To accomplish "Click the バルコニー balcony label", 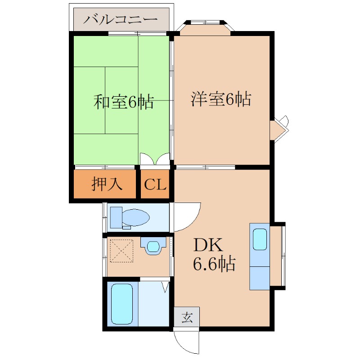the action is (x=120, y=19).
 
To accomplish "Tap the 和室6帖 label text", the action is (x=123, y=102).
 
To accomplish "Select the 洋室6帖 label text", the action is (x=221, y=99).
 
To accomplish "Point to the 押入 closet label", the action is (x=107, y=184).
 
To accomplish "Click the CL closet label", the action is (x=155, y=184).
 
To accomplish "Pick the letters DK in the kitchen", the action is (x=208, y=245).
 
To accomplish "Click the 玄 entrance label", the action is (x=187, y=318).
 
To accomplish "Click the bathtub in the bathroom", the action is (x=122, y=304).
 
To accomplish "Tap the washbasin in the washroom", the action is (x=153, y=246).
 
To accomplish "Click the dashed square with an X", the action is (x=121, y=251).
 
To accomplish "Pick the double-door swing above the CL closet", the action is (x=155, y=159).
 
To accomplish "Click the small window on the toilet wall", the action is (x=105, y=217).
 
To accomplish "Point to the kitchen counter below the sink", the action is (x=260, y=278).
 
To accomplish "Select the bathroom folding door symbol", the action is (x=165, y=287).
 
